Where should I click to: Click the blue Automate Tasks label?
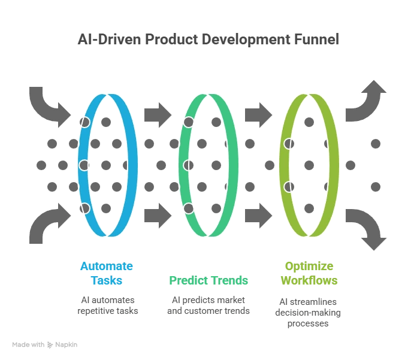tap(107, 273)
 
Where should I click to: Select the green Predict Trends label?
tap(208, 280)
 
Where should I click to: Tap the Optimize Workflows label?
tap(309, 273)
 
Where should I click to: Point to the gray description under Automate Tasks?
tap(107, 305)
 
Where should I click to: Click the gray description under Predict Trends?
tap(208, 305)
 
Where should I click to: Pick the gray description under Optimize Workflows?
tap(309, 309)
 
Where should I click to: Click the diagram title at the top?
tap(208, 41)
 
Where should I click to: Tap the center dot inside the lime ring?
tap(309, 165)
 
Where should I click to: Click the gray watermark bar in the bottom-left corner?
tap(45, 346)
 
